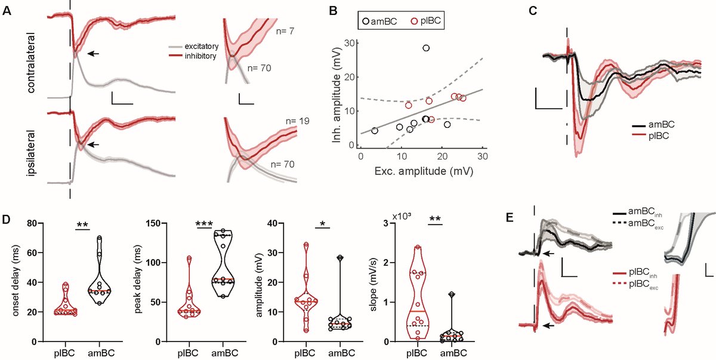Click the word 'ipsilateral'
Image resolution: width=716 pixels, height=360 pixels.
[x=30, y=147]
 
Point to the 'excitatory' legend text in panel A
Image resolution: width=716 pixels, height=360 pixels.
[x=202, y=46]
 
